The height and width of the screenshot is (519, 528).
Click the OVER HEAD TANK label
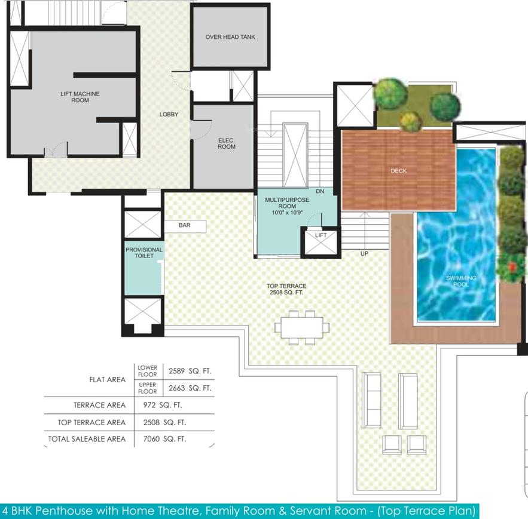(x=230, y=37)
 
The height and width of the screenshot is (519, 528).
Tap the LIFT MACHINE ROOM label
(x=80, y=97)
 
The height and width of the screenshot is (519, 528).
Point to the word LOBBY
(x=169, y=114)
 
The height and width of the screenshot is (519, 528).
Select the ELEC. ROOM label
(x=226, y=143)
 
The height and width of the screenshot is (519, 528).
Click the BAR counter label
(x=185, y=225)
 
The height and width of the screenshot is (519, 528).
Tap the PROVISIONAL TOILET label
(x=144, y=253)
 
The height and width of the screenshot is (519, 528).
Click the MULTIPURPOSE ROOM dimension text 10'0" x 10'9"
(x=287, y=213)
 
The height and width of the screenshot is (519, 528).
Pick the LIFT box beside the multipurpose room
(x=321, y=242)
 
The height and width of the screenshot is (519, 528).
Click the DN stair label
(x=320, y=191)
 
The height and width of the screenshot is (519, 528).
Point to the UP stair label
(x=364, y=254)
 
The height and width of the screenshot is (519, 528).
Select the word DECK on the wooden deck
(x=399, y=171)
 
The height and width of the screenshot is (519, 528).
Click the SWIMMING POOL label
(x=461, y=281)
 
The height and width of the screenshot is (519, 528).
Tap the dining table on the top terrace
(x=302, y=327)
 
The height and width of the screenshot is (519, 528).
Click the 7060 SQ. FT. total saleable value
(x=164, y=439)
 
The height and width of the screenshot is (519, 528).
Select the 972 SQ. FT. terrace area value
(x=163, y=405)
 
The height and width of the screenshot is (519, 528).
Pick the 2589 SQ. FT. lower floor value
(x=190, y=371)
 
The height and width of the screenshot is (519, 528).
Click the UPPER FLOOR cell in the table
(x=148, y=388)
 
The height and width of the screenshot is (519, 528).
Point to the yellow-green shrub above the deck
(x=410, y=121)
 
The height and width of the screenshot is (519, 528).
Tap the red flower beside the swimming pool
(x=512, y=267)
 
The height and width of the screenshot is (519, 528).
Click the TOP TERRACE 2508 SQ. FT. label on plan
(x=286, y=289)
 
